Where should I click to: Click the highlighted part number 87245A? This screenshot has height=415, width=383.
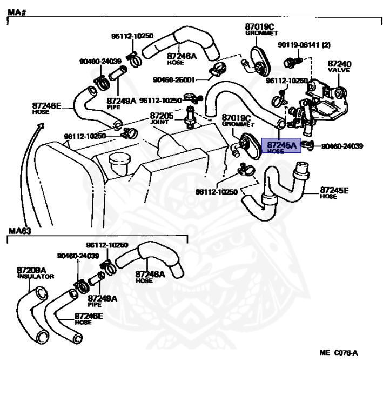281,145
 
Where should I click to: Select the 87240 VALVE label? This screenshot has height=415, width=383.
339,66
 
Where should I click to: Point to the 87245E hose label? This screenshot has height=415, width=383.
334,192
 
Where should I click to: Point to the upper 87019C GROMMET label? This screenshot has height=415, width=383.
259,29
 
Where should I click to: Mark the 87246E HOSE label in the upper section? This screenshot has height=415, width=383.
46,108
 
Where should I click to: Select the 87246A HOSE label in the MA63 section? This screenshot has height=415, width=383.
150,276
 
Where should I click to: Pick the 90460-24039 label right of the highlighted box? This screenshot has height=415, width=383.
342,146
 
